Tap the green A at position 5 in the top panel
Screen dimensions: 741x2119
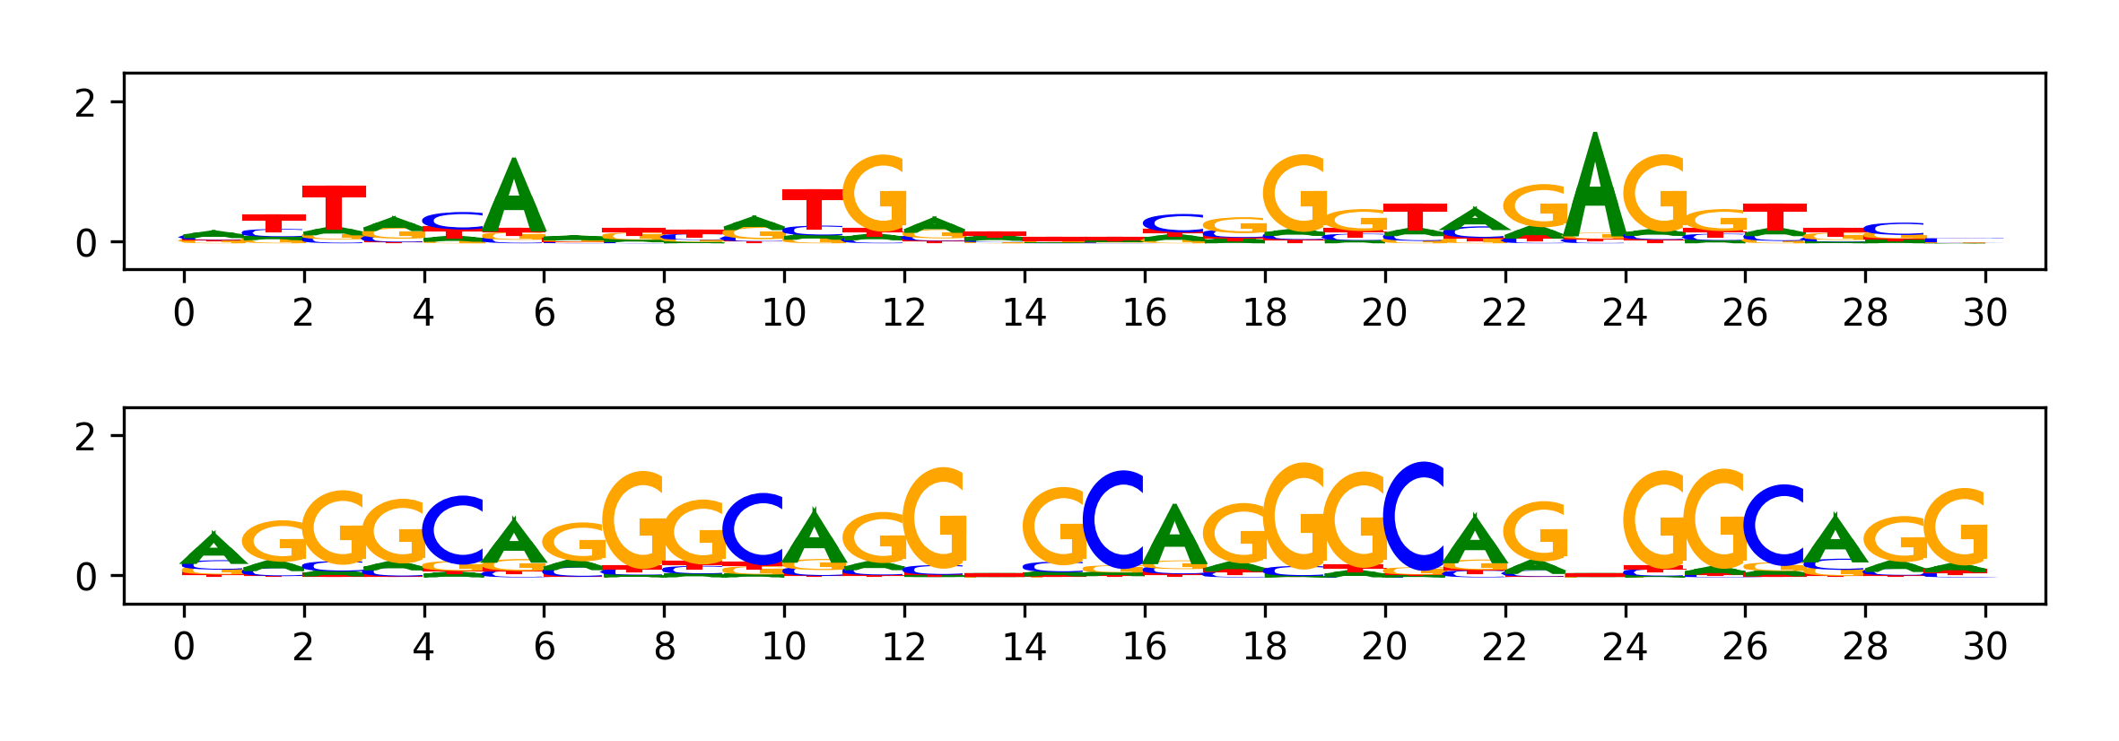click(x=514, y=197)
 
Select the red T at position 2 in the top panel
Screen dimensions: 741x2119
click(x=334, y=208)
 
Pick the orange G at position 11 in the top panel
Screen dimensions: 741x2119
click(x=876, y=194)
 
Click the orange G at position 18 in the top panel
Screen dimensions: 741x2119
click(x=1295, y=194)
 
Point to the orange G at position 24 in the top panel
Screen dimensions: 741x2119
click(x=1655, y=194)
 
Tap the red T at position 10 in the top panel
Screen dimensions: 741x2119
click(x=814, y=210)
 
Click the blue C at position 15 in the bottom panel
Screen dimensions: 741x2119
click(x=1115, y=520)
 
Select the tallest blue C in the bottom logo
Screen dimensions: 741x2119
click(x=1415, y=517)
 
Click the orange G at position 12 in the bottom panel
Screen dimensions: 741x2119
click(x=935, y=519)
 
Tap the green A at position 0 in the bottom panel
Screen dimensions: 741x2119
click(x=214, y=549)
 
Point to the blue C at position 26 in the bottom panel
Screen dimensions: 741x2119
click(x=1775, y=526)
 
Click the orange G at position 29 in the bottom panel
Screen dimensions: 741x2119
click(x=1956, y=527)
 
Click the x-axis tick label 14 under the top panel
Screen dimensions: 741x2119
click(x=1024, y=313)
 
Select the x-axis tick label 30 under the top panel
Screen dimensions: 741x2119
click(x=1984, y=313)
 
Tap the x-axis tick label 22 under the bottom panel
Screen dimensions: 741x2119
click(x=1504, y=647)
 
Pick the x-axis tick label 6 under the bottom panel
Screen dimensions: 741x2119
click(x=544, y=647)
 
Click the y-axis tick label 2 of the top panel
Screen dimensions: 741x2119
click(x=85, y=104)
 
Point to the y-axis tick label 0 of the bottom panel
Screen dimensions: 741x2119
click(x=85, y=577)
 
